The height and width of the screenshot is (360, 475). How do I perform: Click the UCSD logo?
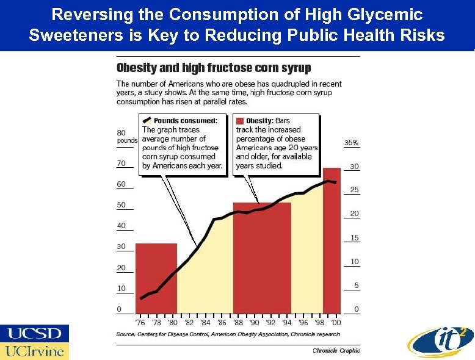(x=35, y=333)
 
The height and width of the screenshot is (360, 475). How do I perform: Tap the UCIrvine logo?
(x=35, y=351)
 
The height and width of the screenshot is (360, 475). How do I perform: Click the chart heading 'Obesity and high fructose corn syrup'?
(x=214, y=68)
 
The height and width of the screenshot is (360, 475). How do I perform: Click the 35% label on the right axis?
(x=352, y=143)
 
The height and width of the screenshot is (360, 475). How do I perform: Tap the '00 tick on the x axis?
(x=335, y=322)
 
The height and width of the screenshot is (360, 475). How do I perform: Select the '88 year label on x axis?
(x=237, y=322)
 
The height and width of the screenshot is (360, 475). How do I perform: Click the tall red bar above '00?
(x=332, y=244)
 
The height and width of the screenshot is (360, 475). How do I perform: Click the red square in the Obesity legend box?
(x=240, y=121)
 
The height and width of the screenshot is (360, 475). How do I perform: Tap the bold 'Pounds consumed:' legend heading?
(x=184, y=121)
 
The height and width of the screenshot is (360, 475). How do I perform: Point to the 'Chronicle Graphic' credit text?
(x=336, y=350)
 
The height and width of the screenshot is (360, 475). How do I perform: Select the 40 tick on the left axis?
(x=121, y=226)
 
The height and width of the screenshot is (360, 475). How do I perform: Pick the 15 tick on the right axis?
(x=354, y=238)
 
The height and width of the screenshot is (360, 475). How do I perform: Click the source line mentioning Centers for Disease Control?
(x=228, y=334)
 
